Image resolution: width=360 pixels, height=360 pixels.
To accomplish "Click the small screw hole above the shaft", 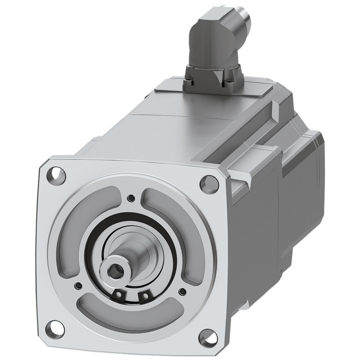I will (131, 198).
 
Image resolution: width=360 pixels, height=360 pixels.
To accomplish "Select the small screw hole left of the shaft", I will (79, 285).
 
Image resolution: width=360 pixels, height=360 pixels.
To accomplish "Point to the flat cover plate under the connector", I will (211, 92).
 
